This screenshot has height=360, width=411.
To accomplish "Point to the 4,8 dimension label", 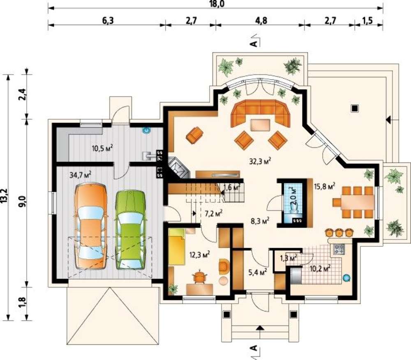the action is [261, 21].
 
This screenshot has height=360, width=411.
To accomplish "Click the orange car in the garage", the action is [91, 226].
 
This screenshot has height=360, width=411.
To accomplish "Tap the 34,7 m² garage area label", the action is [80, 175].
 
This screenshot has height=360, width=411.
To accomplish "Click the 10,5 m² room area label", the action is [102, 148].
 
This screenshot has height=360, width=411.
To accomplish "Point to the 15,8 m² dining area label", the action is [325, 186].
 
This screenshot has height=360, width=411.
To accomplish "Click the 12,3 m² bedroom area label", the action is [199, 254].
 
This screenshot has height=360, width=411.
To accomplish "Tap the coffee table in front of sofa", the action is [260, 125].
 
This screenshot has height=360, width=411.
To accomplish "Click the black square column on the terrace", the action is [355, 108].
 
